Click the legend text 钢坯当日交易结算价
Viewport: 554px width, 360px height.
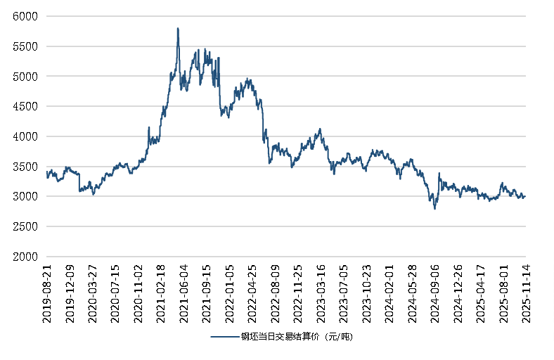tap(296, 337)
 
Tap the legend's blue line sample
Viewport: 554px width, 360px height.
tap(224, 337)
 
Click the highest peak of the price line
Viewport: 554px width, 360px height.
tap(178, 28)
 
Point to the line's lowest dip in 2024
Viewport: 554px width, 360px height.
tap(434, 208)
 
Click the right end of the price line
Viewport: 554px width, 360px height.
tap(525, 196)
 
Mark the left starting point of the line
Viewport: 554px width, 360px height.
tap(46, 172)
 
